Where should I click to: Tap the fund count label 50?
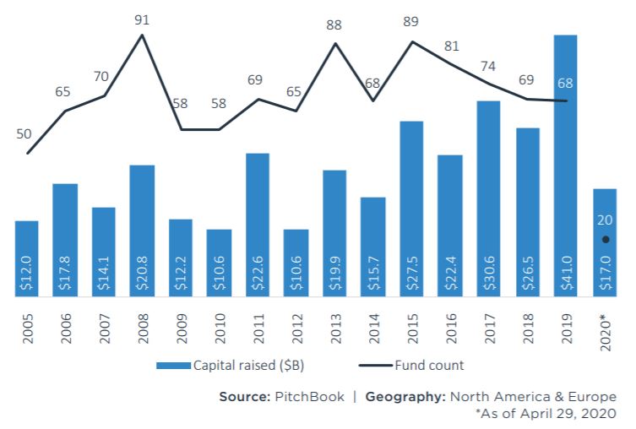(24, 133)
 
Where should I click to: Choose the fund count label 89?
(411, 22)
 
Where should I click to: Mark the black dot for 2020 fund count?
(605, 240)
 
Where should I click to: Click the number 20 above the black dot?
(605, 220)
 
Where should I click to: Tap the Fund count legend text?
(428, 367)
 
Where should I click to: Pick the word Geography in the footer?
(403, 397)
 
